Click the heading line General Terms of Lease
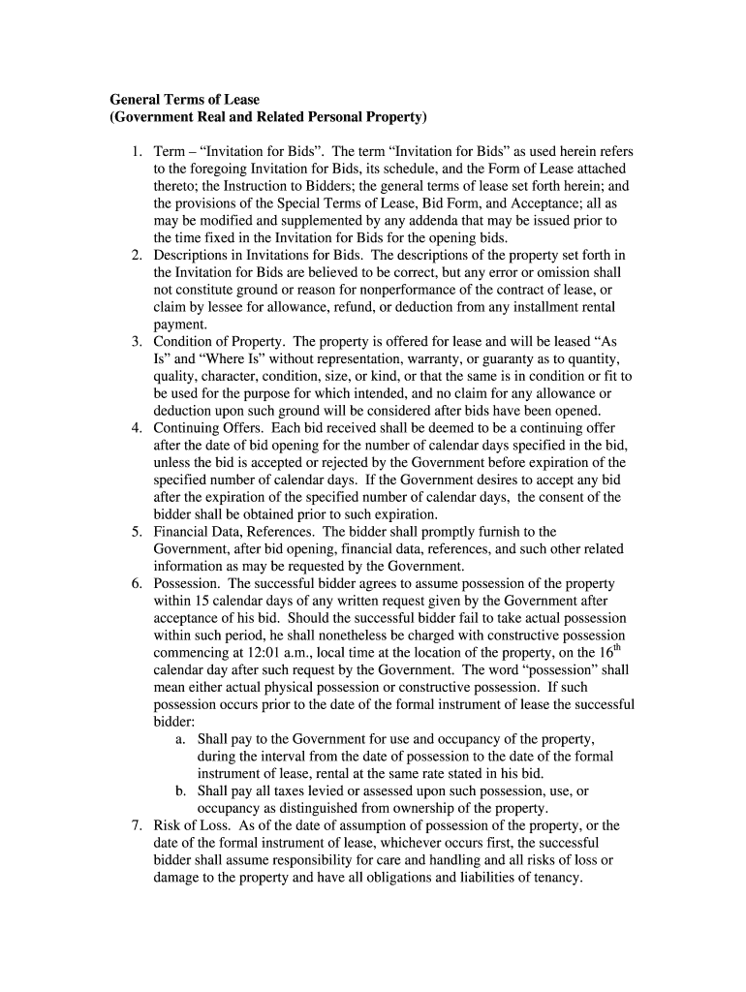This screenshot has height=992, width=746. pyautogui.click(x=184, y=100)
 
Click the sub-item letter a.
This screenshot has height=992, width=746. pyautogui.click(x=180, y=738)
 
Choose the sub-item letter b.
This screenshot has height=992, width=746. pyautogui.click(x=180, y=790)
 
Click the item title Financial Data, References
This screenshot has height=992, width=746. pyautogui.click(x=235, y=532)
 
